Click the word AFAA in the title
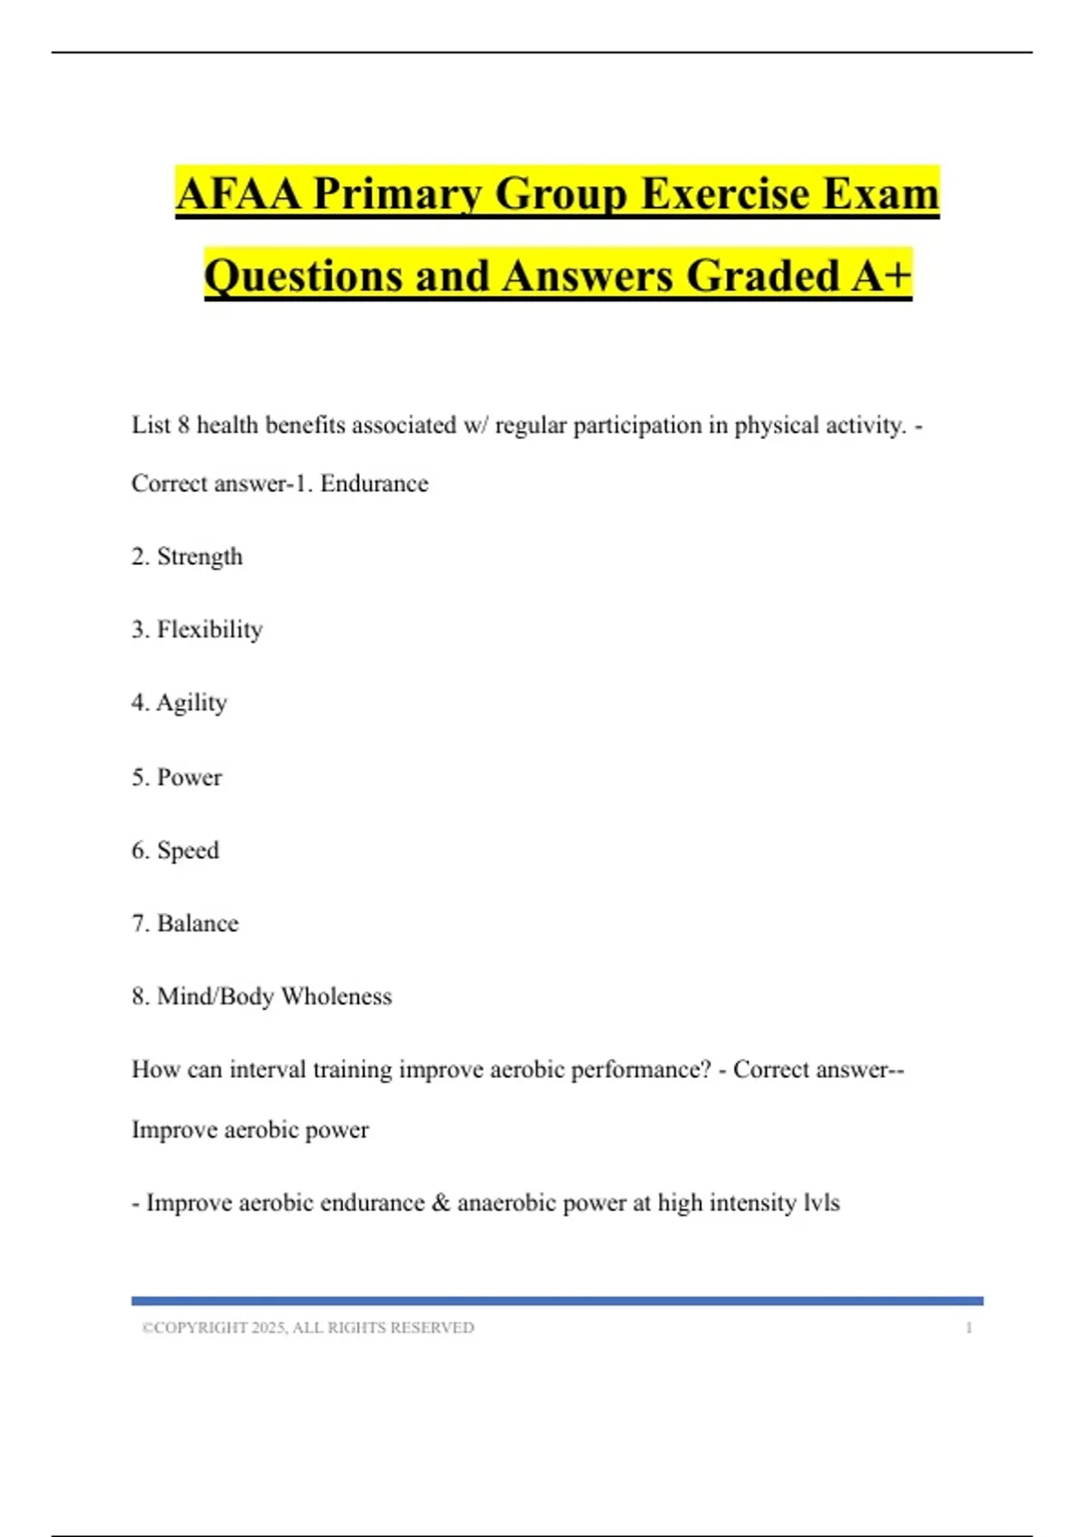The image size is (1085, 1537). [238, 193]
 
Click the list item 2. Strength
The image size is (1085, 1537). [187, 556]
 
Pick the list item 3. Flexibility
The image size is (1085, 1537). [197, 629]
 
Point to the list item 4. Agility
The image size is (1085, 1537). [179, 702]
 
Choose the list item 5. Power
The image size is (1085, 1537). [176, 777]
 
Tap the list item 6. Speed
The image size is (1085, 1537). [175, 850]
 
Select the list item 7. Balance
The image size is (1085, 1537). [185, 923]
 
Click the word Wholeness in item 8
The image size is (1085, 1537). [336, 996]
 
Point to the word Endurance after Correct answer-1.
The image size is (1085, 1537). [374, 484]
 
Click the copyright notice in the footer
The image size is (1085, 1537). [308, 1327]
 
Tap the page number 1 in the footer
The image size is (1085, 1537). [968, 1327]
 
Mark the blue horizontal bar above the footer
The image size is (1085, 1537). [557, 1300]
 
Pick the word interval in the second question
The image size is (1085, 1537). [268, 1070]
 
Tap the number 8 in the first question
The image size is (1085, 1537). [184, 425]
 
